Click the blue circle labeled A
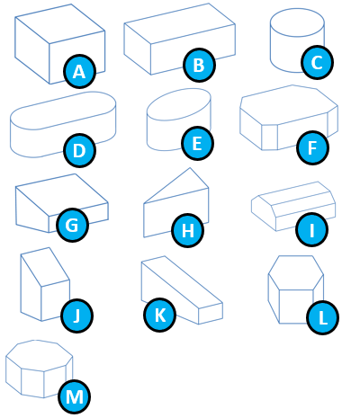point(79,71)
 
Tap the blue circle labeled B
point(200,65)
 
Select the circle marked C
point(318,62)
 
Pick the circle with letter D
point(79,150)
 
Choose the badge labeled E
point(197,143)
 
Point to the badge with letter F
point(312,147)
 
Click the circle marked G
point(72,225)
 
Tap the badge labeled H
point(188,230)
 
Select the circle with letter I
point(312,229)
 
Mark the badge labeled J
point(76,316)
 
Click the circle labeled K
point(159,315)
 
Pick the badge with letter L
point(323,317)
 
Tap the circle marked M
point(75,397)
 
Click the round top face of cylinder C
point(297,22)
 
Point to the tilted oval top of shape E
point(179,104)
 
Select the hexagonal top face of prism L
point(296,272)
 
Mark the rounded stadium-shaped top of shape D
point(63,111)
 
